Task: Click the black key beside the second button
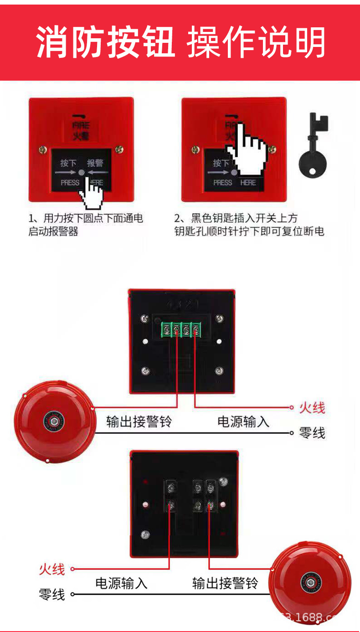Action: pos(313,146)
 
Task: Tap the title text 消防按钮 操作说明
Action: pos(180,42)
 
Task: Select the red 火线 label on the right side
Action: pos(312,407)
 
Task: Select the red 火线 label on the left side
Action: pos(51,569)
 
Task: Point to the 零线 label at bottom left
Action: pos(51,594)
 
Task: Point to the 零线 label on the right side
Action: pos(312,432)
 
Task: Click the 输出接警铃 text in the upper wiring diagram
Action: pos(139,421)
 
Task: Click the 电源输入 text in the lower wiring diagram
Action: pos(121,583)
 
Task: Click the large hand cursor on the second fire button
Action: pos(246,148)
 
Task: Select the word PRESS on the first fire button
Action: pos(70,183)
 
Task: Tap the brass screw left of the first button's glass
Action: pos(42,149)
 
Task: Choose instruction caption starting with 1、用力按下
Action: pos(86,225)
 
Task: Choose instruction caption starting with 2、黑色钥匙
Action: pos(249,225)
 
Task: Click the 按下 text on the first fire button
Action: pos(68,163)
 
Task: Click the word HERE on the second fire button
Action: pos(248,183)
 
